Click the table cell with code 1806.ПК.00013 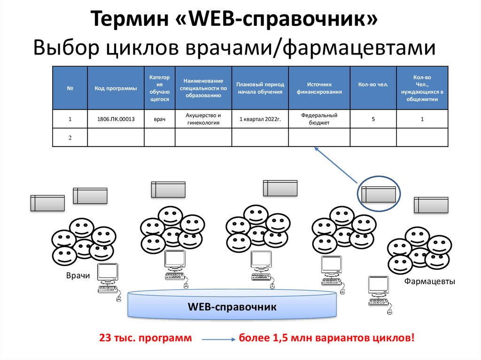click(116, 119)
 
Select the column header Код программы click(116, 88)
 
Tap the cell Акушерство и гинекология click(203, 119)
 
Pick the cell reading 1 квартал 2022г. click(260, 119)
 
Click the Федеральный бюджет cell click(319, 119)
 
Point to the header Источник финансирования click(319, 88)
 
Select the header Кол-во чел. click(373, 85)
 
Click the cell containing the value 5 click(373, 119)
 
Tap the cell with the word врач click(159, 119)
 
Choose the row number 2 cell click(70, 138)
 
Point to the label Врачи click(78, 276)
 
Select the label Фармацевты click(430, 281)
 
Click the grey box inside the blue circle click(378, 194)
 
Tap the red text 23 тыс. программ click(146, 338)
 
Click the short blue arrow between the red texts click(218, 339)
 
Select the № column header click(70, 88)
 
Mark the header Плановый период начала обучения click(260, 88)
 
